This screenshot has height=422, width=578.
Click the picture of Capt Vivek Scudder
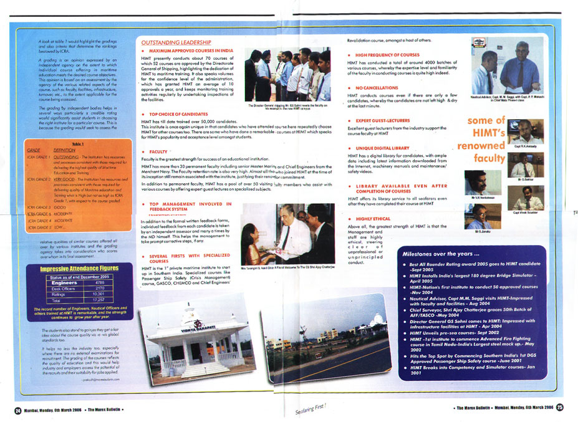pyautogui.click(x=527, y=198)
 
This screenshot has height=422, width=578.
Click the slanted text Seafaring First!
pyautogui.click(x=311, y=408)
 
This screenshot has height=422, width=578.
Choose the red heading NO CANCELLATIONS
pyautogui.click(x=374, y=88)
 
